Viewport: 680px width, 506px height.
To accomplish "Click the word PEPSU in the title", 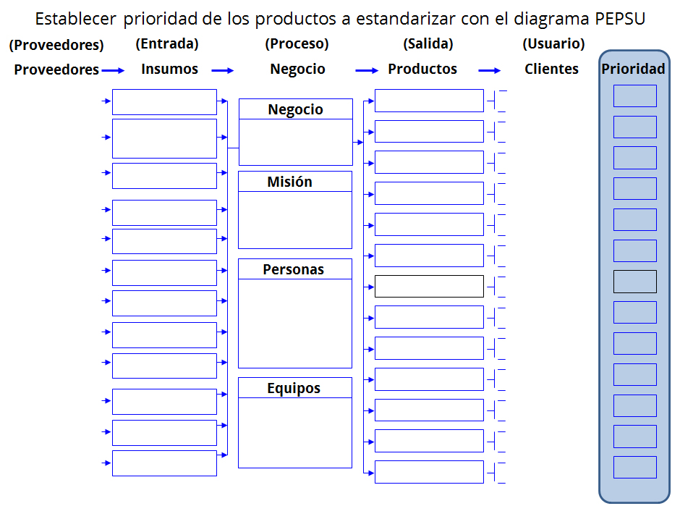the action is tap(620, 19).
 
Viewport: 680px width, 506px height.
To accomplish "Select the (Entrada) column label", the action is tap(167, 44).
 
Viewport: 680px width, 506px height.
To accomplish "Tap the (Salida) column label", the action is tap(428, 44).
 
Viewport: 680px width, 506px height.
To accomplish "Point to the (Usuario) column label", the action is tap(553, 44).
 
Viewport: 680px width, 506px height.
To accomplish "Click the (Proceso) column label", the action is tap(297, 44).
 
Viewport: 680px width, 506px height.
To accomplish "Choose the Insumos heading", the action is tap(169, 69).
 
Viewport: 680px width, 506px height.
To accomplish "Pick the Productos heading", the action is tap(422, 69).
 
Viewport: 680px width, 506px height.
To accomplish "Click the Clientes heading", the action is tap(552, 69).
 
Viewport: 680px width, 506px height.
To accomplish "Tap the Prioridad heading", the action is tap(633, 69).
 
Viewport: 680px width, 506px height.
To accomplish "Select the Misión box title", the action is tap(289, 182).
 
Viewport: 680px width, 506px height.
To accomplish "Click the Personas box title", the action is tap(293, 269).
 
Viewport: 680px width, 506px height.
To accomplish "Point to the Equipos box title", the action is tap(294, 389).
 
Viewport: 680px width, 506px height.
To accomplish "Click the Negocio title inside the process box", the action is tap(295, 110).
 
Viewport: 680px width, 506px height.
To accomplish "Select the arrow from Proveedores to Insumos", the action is tap(113, 70).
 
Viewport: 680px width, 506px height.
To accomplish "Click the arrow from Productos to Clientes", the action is tap(490, 70).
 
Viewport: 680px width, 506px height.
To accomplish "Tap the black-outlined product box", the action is tap(429, 287).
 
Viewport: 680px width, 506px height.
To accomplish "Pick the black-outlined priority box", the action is tap(635, 282).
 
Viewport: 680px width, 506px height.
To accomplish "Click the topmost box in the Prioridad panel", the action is tap(635, 96).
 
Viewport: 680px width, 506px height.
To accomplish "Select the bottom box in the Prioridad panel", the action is tap(635, 468).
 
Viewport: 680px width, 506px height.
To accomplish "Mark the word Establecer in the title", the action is tap(75, 19).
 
